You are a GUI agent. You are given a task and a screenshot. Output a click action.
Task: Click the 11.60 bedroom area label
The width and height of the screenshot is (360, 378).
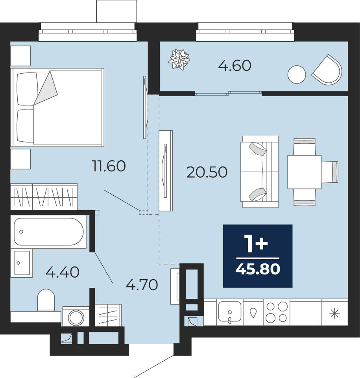tap(109, 166)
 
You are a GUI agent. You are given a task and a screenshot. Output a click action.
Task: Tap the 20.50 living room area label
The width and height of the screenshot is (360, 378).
tap(207, 172)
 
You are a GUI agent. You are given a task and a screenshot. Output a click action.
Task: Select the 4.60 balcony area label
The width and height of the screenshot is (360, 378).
tap(235, 66)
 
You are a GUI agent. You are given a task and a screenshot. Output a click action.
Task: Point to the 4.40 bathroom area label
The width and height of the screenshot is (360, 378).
tap(63, 272)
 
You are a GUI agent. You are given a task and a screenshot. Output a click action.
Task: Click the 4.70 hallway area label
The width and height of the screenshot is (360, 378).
tap(142, 285)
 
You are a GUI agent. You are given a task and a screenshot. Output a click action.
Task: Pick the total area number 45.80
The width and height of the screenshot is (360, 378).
tap(258, 269)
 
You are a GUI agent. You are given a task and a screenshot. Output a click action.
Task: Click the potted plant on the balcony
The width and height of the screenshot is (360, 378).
tap(179, 59)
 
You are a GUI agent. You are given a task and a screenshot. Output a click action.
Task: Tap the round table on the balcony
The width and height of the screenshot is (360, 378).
tap(297, 74)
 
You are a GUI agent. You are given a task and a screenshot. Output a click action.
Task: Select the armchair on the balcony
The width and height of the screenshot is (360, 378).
tap(327, 70)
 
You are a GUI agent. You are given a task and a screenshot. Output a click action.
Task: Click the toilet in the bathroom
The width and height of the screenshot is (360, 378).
tap(46, 300)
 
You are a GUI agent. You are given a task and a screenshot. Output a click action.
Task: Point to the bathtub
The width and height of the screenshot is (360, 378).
tap(48, 232)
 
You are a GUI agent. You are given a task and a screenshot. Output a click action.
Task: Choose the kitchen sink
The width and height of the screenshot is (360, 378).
tap(230, 312)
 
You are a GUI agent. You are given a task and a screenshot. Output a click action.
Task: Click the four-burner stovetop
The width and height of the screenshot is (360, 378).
tap(276, 312)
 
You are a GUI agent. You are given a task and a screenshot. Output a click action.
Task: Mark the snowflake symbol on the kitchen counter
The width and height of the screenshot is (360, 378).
tap(334, 314)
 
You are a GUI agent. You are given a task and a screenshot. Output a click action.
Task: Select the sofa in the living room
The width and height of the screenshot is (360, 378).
tap(260, 172)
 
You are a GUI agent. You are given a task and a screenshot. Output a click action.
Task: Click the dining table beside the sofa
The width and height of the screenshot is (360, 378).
tap(305, 172)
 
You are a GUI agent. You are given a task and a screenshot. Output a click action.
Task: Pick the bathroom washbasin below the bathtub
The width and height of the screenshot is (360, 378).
tap(22, 263)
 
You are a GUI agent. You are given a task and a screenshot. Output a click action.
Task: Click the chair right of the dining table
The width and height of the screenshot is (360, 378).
tap(330, 172)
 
